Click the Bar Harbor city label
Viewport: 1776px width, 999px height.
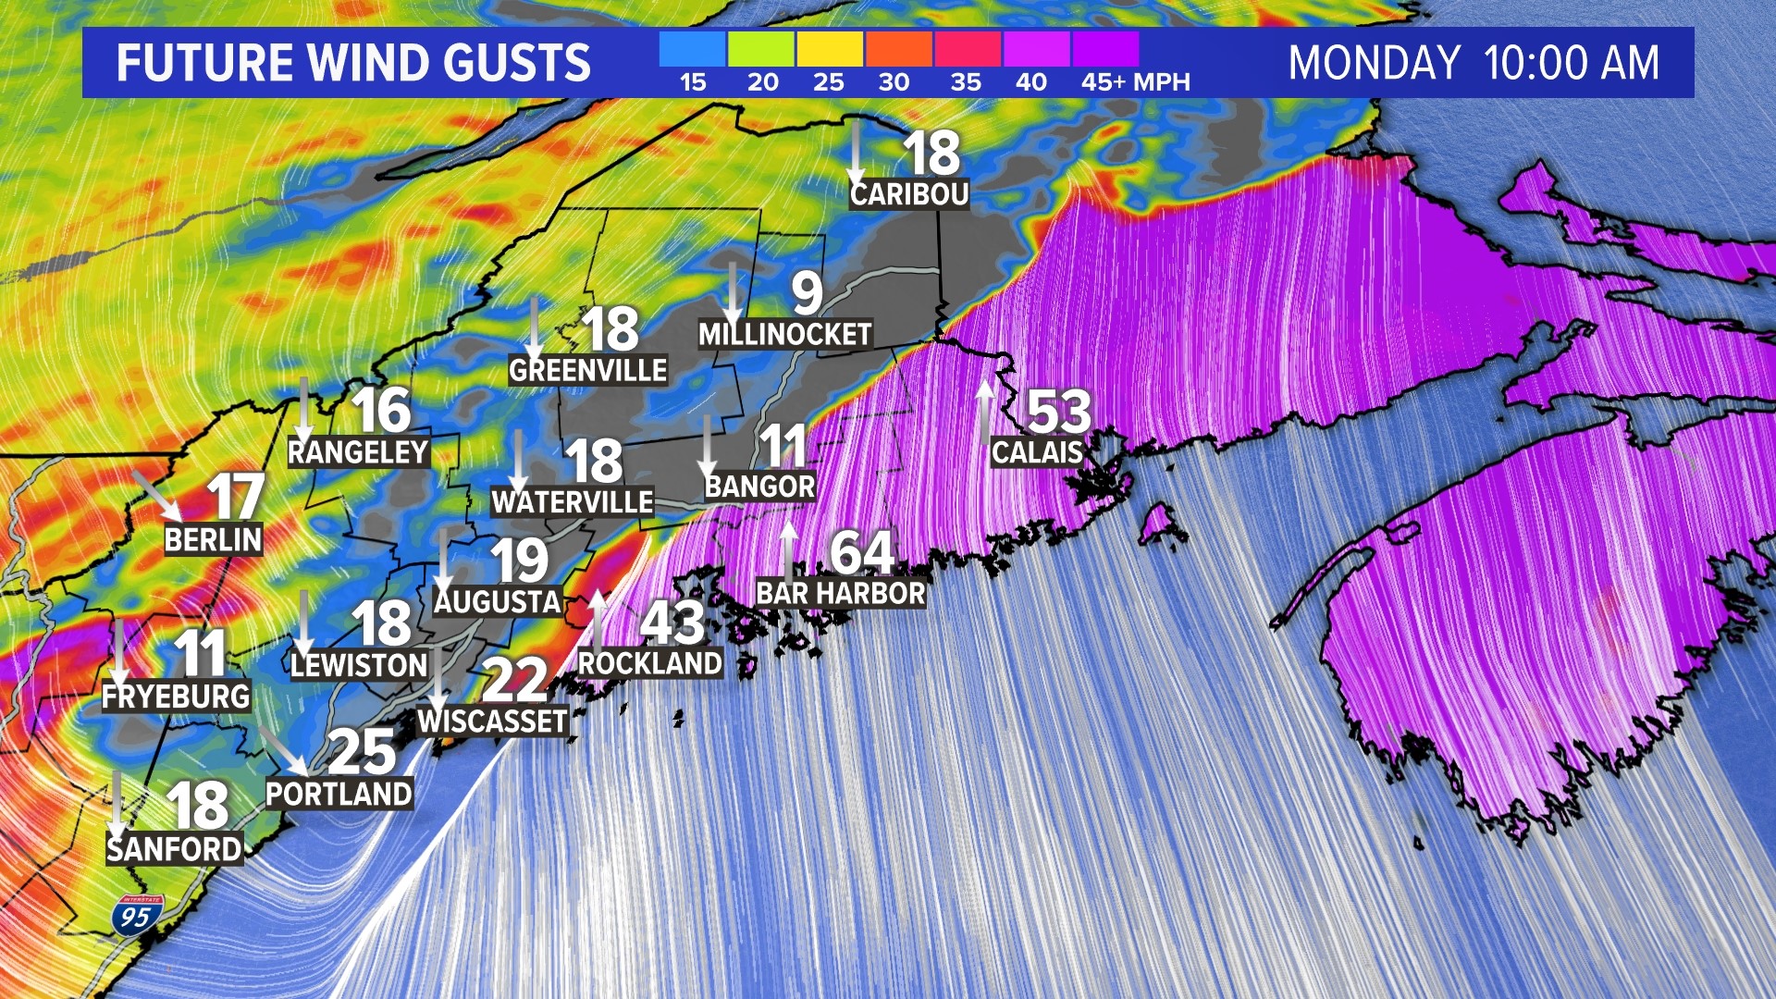(x=840, y=593)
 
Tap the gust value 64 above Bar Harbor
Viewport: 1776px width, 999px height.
(x=861, y=552)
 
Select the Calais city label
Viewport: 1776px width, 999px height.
(x=1037, y=452)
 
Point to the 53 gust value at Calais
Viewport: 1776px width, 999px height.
(x=1059, y=411)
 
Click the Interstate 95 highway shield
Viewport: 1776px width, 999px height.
(x=137, y=914)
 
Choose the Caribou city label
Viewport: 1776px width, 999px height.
(x=909, y=194)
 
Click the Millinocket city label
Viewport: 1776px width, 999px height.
(x=784, y=334)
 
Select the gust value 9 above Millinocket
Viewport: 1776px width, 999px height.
(x=807, y=293)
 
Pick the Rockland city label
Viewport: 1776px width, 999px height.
(x=649, y=663)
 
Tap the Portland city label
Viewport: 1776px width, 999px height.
(x=339, y=794)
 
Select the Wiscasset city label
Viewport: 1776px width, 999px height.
(x=492, y=721)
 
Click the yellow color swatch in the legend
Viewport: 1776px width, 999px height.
(x=829, y=49)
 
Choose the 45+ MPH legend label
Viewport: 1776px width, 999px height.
(x=1135, y=82)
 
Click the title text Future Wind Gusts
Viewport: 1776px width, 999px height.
(x=353, y=63)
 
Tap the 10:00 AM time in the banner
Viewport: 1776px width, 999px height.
(x=1571, y=63)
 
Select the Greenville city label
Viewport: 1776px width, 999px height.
(x=587, y=371)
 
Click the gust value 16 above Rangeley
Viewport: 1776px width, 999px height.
(x=380, y=410)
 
